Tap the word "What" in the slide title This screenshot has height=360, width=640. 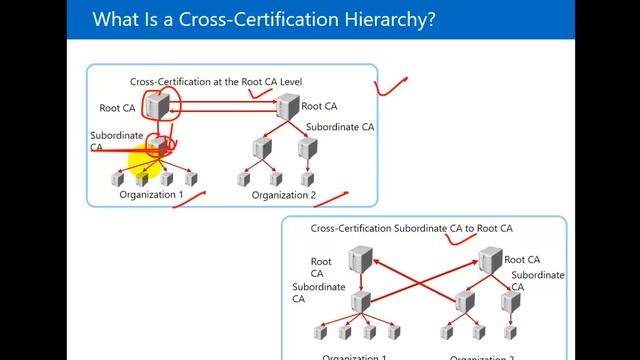[x=115, y=19]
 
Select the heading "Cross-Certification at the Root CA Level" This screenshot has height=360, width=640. [x=216, y=80]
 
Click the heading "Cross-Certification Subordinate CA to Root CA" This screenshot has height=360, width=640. [x=412, y=228]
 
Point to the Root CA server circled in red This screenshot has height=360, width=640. [x=157, y=103]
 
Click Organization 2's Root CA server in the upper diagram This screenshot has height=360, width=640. [x=289, y=104]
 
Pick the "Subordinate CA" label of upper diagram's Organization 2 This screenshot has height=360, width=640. [x=340, y=127]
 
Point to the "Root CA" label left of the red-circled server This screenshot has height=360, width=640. [x=117, y=107]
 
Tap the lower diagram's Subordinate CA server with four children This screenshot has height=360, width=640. [x=360, y=299]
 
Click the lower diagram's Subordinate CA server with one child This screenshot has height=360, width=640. [x=509, y=299]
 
